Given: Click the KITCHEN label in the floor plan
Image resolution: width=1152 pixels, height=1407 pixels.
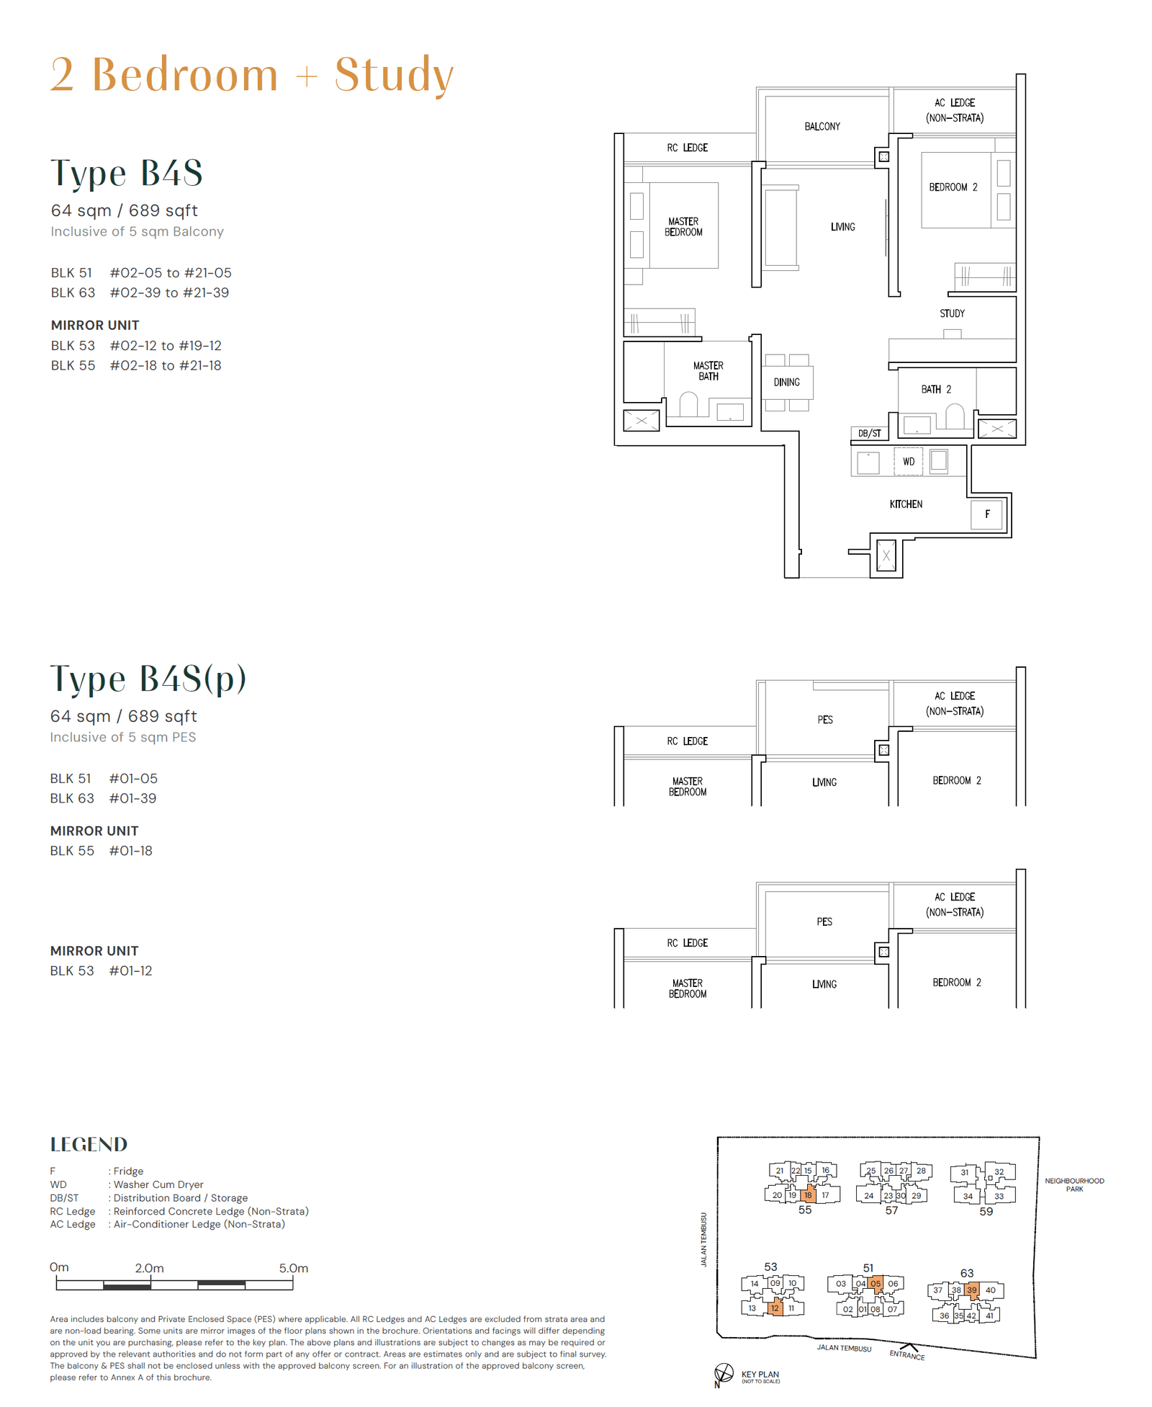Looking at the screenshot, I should coord(905,504).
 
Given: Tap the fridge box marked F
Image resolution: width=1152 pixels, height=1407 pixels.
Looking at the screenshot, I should coord(986,514).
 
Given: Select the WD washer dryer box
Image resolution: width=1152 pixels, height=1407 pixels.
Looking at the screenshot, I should coord(908,462).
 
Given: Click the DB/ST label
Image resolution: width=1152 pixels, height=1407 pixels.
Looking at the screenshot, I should coord(869,434).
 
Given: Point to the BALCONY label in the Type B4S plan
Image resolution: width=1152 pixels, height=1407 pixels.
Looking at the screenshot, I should coord(822,127).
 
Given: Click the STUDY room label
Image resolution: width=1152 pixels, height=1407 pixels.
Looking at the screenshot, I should coord(951,313).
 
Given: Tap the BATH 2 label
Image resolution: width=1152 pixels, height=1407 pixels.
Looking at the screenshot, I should coord(935,390).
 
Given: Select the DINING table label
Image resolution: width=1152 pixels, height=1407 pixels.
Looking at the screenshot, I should coord(786,383).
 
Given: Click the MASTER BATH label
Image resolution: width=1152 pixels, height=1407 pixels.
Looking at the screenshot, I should coord(708,371).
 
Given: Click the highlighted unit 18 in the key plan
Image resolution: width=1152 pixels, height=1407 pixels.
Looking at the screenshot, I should coord(808,1195).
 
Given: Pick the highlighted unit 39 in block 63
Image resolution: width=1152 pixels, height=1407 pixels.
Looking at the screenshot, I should coord(971,1290).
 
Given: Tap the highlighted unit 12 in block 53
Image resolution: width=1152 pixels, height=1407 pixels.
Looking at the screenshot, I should coord(775,1308).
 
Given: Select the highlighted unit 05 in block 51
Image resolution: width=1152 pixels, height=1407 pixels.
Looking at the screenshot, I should coord(875,1284).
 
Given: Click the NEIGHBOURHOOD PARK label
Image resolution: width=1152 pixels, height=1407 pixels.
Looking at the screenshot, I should coord(1074,1184).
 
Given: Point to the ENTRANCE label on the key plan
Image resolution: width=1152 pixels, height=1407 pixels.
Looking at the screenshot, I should coord(906,1355).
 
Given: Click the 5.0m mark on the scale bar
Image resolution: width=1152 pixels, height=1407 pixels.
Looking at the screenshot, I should coord(293,1269).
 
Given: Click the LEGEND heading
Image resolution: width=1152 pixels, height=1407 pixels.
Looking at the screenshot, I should coord(89,1145).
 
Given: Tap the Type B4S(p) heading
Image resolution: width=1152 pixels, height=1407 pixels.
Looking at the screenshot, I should coord(148,679).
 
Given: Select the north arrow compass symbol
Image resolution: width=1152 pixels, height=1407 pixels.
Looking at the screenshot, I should coord(723,1373).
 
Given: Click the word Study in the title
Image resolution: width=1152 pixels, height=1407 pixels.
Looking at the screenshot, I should coord(394,74).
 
